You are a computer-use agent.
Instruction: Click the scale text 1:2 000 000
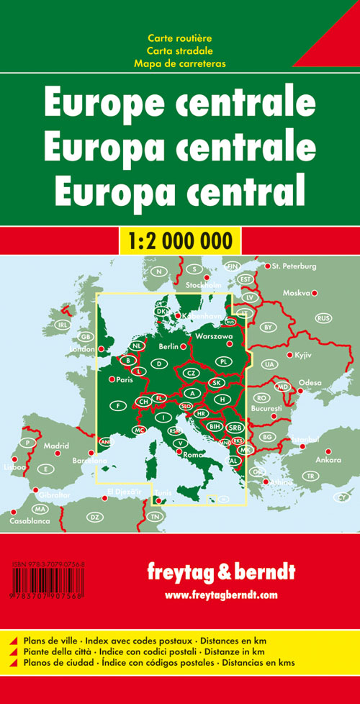tap(180, 238)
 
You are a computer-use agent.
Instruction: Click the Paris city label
tap(127, 379)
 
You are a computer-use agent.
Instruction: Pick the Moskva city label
tap(296, 293)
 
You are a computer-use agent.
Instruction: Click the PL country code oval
tap(223, 361)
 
